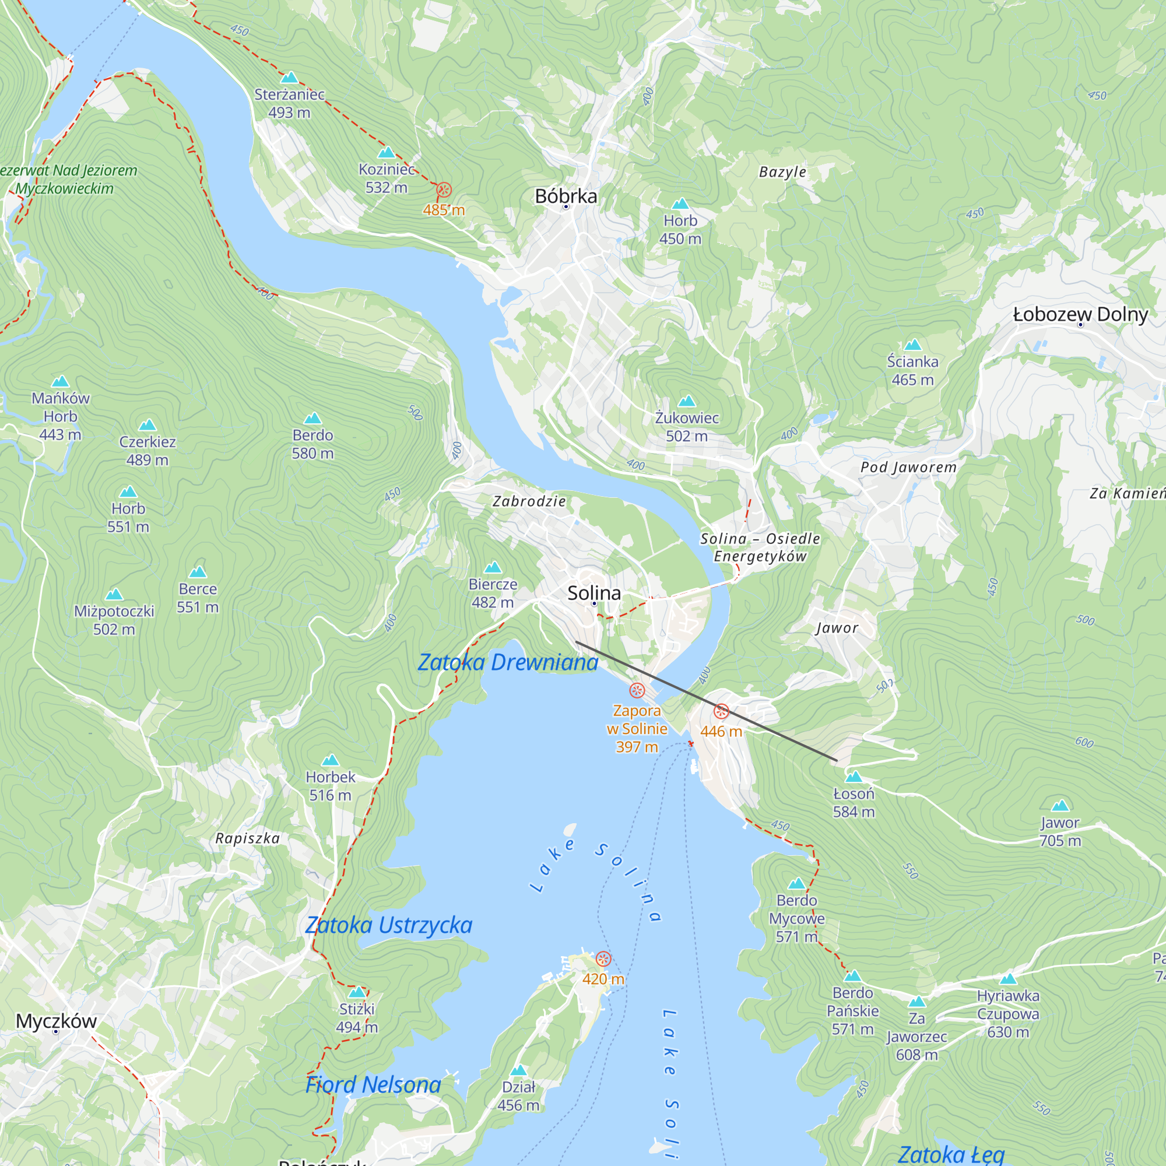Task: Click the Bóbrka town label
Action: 566,196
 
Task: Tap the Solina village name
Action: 594,593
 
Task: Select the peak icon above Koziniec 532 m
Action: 387,153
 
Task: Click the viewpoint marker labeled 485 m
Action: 444,191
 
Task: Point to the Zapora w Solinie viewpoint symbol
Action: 637,690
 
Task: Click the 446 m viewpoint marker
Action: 721,711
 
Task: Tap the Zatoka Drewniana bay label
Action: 508,663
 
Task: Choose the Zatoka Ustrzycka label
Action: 389,925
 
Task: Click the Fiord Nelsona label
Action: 373,1084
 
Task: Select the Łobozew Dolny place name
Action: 1080,314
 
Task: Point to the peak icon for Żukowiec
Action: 687,401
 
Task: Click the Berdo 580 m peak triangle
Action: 312,419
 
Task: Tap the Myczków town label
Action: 56,1021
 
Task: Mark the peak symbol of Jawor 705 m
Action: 1060,806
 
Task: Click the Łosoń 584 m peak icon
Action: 854,777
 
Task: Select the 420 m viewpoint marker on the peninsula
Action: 603,959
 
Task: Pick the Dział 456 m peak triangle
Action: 518,1070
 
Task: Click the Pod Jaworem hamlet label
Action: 908,467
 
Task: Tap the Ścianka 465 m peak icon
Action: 912,345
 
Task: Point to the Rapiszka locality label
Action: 247,838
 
